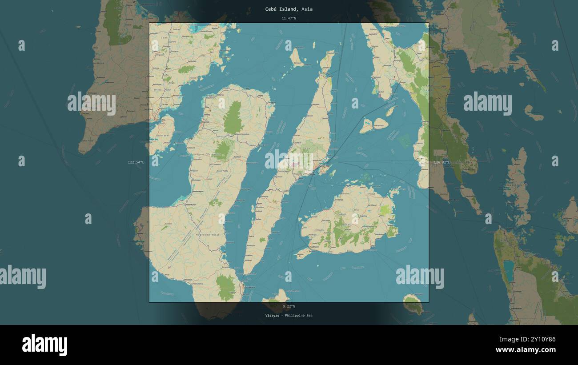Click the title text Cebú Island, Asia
(289, 9)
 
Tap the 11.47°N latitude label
(289, 18)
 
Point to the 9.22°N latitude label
(289, 306)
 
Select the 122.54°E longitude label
(136, 162)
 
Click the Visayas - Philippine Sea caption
(289, 316)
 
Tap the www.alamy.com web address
(524, 350)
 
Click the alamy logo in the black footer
(44, 345)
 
